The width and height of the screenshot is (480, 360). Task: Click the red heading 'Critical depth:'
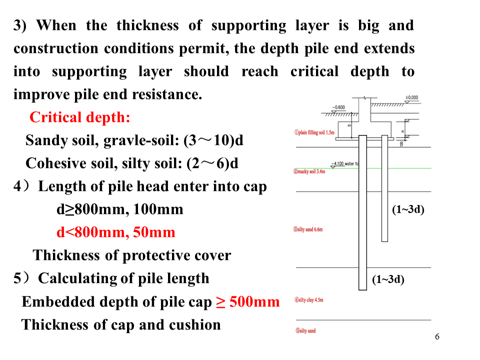tap(80, 117)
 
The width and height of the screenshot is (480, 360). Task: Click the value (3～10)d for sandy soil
tap(213, 140)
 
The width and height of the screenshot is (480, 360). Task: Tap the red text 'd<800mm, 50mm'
tap(115, 232)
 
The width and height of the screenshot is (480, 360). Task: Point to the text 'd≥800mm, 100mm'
tap(120, 209)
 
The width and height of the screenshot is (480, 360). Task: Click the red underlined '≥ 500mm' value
tap(247, 302)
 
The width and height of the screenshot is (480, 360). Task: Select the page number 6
tap(437, 336)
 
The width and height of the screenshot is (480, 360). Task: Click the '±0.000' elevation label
tap(411, 98)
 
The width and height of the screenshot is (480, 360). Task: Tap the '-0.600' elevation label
tap(338, 107)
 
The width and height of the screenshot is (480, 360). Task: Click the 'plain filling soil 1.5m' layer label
tap(313, 132)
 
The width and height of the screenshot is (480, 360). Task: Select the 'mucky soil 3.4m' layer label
tap(309, 171)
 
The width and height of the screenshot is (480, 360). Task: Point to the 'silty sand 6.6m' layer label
tap(308, 229)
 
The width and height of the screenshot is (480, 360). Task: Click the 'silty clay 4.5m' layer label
tap(308, 300)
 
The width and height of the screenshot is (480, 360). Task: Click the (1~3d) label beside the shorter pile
tap(408, 209)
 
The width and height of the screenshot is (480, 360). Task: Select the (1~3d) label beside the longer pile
tap(388, 279)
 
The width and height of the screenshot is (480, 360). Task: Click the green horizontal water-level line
tap(400, 168)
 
